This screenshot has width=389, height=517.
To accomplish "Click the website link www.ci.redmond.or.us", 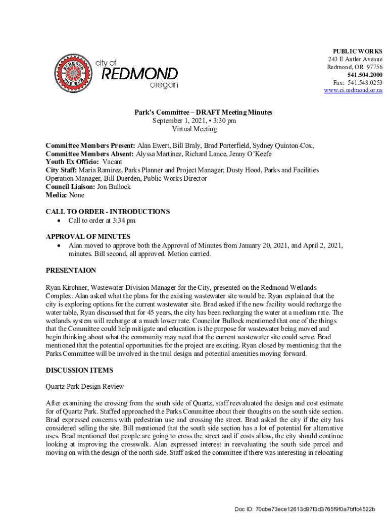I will coord(353,90).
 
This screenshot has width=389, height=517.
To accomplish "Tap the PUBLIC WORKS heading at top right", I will coord(357,51).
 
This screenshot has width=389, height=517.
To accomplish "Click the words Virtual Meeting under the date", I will coord(194,129).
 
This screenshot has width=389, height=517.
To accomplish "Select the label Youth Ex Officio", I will coord(72,162).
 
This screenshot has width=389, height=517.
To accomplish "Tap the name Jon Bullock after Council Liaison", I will coord(113,186).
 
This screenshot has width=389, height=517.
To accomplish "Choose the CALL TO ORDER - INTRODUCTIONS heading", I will coord(108,212).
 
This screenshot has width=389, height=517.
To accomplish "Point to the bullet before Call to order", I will coord(59,221).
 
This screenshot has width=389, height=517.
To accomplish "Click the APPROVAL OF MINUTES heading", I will coord(88,236).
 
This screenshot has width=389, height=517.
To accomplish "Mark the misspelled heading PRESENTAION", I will coord(71,271).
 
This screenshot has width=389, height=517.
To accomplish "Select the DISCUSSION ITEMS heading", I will coord(79,370).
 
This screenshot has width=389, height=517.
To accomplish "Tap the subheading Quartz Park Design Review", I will coord(84,386).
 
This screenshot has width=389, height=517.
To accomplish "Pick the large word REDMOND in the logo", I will coord(140,74).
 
